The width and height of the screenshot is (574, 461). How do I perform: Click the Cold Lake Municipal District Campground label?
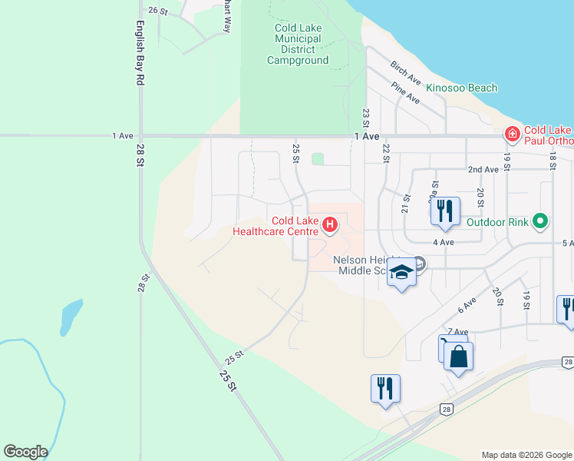point(298,45)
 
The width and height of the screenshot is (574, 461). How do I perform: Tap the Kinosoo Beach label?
point(462,88)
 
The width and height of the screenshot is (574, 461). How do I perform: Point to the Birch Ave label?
point(406,74)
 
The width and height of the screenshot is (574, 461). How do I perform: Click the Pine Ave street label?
point(405,94)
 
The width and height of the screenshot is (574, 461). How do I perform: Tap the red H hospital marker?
point(330,225)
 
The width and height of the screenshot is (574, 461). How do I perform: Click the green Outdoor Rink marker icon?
point(540,222)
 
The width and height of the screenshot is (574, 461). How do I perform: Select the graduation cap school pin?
point(401,273)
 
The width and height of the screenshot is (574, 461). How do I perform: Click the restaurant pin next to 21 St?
point(445,211)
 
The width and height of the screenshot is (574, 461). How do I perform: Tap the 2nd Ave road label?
point(483,170)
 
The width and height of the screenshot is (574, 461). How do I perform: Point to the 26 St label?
point(158,11)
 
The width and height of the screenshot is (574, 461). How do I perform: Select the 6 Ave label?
point(467,306)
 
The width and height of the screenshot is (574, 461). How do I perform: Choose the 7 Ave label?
point(457,331)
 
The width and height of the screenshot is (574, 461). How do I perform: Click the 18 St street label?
point(552,161)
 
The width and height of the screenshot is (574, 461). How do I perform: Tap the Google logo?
point(25,452)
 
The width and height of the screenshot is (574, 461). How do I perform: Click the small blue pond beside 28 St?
point(71,316)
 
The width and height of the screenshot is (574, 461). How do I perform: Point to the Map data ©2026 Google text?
point(526,455)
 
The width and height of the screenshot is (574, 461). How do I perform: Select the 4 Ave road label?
point(445,242)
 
